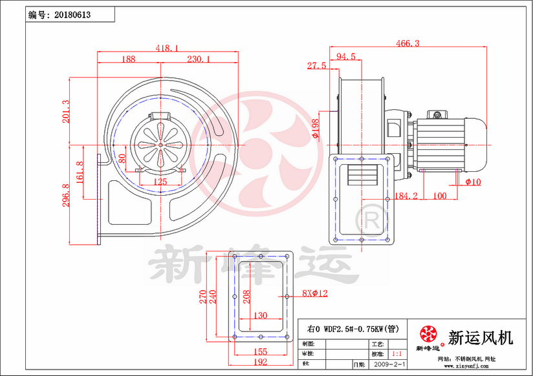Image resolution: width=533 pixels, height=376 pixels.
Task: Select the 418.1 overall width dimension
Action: [167, 48]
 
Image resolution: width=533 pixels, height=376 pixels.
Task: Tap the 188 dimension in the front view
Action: [129, 59]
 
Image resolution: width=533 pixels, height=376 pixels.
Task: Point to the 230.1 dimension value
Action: [199, 59]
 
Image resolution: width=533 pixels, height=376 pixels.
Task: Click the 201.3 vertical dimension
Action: [63, 112]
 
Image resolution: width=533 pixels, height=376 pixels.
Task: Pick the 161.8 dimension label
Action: [80, 172]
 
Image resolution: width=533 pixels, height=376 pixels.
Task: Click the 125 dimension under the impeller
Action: [160, 182]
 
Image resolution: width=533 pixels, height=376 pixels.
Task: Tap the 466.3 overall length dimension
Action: [407, 43]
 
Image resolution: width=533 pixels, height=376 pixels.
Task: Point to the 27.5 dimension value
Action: [316, 66]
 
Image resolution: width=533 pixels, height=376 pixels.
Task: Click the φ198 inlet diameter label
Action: [315, 128]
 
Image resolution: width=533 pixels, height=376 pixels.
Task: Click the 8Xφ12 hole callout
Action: [315, 293]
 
